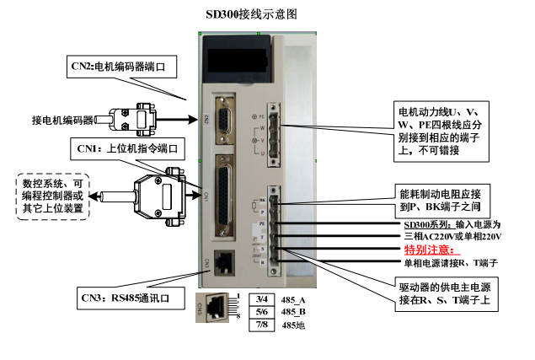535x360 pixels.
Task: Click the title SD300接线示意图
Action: [252, 14]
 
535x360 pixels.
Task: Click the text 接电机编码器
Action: [62, 121]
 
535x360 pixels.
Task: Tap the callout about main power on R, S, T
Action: [442, 294]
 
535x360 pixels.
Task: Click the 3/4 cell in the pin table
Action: [261, 300]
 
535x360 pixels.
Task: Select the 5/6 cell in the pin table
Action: [261, 312]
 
